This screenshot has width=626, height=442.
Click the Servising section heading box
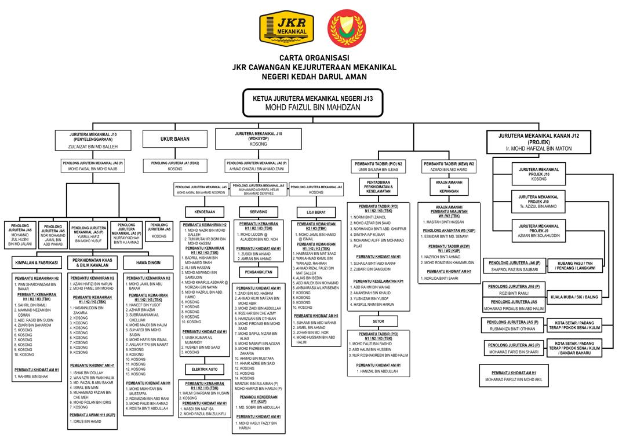pos(259,211)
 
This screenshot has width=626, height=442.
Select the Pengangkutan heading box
pos(259,271)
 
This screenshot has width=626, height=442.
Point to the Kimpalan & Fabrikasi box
pos(37,263)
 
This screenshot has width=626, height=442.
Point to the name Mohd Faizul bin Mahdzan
pos(312,107)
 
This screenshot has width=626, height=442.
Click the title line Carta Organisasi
pos(313,58)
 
